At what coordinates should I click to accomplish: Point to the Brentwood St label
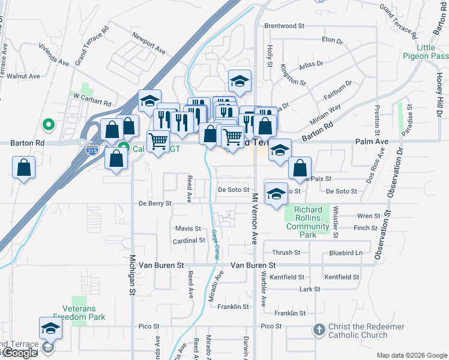(x=285, y=26)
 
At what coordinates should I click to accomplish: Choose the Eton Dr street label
(x=331, y=40)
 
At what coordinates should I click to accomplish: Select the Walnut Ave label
(x=23, y=76)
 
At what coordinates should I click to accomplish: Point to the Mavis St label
(x=188, y=229)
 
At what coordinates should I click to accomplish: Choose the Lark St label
(x=310, y=289)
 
